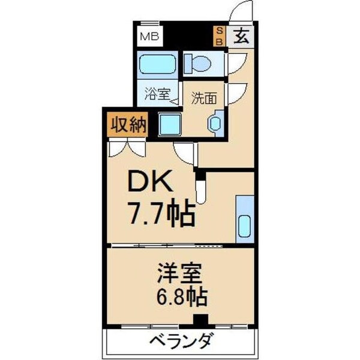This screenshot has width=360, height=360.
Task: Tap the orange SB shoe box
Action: [x=220, y=37]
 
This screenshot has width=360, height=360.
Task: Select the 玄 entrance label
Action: [x=241, y=37]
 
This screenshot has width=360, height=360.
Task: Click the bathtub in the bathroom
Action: [x=157, y=64]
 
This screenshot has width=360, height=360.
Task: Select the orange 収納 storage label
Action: [x=127, y=125]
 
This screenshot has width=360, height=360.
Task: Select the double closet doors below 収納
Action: [x=127, y=148]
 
